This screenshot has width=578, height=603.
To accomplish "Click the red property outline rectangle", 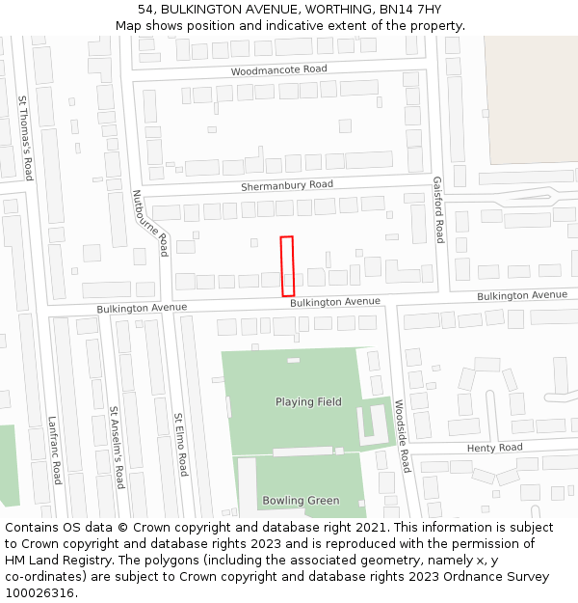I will click(x=287, y=266).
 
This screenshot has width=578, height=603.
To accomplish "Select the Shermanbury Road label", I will click(x=286, y=184).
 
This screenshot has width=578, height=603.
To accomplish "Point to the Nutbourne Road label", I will click(x=150, y=223).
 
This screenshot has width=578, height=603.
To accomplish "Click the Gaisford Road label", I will click(x=438, y=209).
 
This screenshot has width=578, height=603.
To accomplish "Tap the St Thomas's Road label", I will click(x=26, y=138).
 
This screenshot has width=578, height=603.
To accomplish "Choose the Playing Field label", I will click(x=308, y=402).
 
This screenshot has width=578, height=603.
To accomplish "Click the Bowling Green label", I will click(x=301, y=501).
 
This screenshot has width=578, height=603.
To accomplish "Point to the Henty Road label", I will click(x=494, y=448).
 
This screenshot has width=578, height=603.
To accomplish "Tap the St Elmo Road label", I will click(x=180, y=445).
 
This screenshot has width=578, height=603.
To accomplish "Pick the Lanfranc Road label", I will click(x=55, y=450).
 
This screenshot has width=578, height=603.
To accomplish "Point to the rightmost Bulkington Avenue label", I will click(x=522, y=295).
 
